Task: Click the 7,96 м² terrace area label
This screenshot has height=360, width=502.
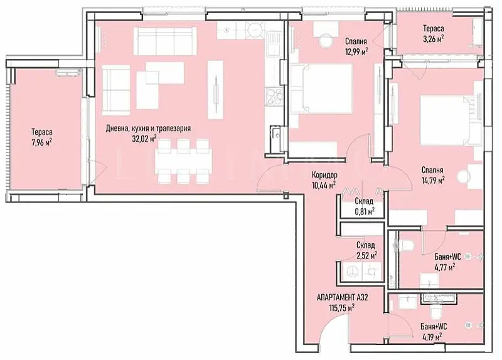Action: (x=41, y=142)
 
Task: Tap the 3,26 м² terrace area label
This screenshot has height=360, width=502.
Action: (x=434, y=39)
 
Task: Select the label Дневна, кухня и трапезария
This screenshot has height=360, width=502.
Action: (x=148, y=129)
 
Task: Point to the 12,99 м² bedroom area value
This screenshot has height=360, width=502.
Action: (x=356, y=51)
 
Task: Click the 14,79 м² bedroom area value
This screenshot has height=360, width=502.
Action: (x=433, y=181)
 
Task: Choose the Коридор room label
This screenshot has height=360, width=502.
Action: (x=324, y=175)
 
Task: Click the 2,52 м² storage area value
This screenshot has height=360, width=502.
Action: (x=366, y=255)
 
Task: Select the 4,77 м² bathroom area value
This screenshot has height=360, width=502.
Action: (x=445, y=267)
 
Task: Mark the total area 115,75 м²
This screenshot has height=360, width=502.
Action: (x=342, y=308)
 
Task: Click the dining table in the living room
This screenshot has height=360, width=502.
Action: (x=183, y=162)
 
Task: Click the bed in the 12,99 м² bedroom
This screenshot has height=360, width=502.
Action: (x=321, y=88)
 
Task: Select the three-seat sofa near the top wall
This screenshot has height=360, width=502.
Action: (x=165, y=41)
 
